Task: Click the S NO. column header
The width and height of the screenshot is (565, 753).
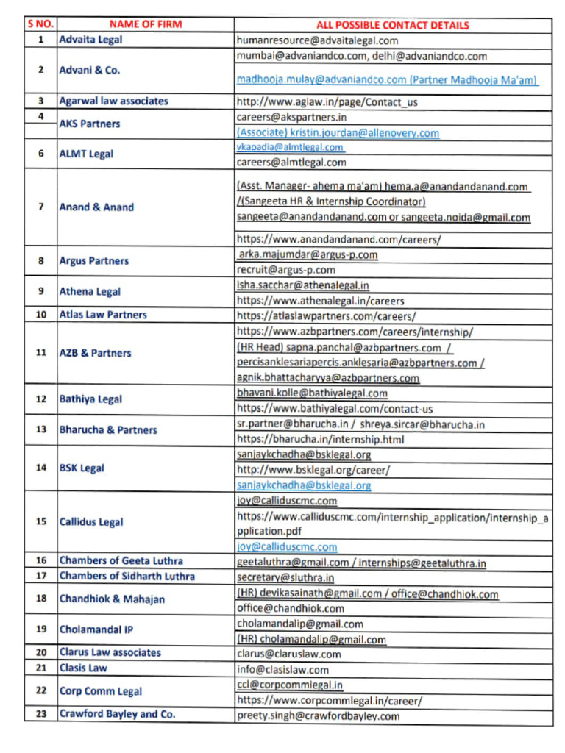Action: (40, 24)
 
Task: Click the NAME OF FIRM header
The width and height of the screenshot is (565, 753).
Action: (146, 24)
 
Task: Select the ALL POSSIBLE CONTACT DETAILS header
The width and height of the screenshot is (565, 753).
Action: (393, 25)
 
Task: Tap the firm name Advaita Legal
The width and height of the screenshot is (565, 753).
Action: (91, 39)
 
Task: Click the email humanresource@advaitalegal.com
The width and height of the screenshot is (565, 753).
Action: (317, 40)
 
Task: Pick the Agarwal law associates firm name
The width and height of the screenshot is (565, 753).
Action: (113, 101)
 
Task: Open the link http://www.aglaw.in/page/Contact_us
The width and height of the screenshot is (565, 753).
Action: (327, 102)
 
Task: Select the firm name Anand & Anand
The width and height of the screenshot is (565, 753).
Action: (96, 207)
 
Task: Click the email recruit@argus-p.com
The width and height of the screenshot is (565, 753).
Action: (285, 270)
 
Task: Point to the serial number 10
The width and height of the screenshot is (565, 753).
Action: (41, 315)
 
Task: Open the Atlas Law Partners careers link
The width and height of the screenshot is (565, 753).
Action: (326, 315)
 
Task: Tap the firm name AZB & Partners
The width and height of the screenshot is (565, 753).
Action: (95, 353)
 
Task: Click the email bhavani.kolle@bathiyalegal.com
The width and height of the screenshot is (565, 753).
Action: (312, 393)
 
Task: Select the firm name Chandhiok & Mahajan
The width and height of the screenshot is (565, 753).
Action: (112, 599)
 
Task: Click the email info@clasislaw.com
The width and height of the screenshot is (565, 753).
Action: (282, 669)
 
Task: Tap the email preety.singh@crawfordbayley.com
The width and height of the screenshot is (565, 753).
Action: (318, 715)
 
